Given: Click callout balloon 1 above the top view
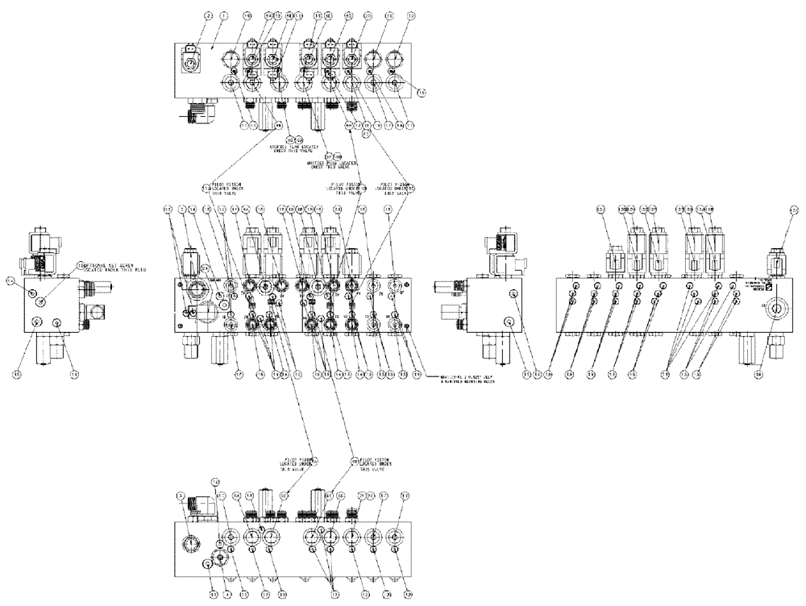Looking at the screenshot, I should coord(202,15).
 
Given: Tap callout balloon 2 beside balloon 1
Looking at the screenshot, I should coord(187,15).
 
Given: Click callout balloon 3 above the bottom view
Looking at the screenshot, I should coord(180,496).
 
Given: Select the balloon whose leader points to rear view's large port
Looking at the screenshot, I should coord(759,373).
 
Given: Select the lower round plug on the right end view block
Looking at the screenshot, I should coord(508,322).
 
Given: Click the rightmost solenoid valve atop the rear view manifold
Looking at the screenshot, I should coord(776,262).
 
